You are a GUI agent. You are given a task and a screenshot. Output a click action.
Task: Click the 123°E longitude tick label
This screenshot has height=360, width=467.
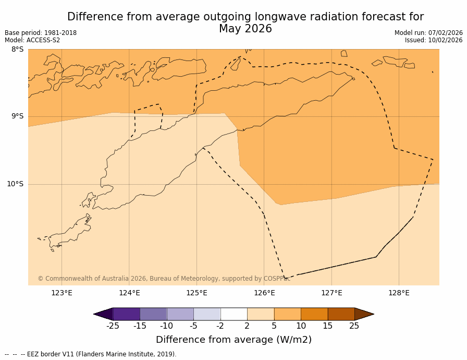(x=62, y=293)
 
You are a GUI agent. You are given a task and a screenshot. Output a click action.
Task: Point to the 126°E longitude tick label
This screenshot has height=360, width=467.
(x=264, y=293)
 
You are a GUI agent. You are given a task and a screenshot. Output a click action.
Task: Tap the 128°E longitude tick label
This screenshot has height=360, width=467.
(x=399, y=293)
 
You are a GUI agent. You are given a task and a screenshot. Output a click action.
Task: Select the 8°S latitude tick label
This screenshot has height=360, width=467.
(x=17, y=50)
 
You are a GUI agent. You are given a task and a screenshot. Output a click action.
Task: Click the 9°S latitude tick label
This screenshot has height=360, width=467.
(x=17, y=116)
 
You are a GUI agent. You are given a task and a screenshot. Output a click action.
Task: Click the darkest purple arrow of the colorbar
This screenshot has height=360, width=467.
(x=104, y=314)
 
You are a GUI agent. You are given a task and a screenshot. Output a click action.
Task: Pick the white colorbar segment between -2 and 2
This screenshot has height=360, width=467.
(x=233, y=314)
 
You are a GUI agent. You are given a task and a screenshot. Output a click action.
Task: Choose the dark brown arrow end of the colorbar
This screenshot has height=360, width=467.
(x=364, y=314)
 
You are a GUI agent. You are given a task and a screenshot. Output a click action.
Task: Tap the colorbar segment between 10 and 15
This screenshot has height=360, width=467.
(x=314, y=314)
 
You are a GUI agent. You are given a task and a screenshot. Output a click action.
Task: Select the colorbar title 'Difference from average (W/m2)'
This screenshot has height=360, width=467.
(x=233, y=340)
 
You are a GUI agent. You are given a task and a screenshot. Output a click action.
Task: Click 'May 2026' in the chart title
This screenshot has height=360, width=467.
(x=245, y=29)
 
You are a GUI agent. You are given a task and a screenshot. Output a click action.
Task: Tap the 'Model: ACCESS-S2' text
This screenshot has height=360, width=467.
(x=32, y=40)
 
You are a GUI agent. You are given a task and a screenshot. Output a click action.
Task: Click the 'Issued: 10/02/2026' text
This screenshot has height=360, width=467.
(x=434, y=40)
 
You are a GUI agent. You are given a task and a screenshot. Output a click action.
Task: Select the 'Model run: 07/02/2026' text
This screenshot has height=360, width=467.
(x=428, y=33)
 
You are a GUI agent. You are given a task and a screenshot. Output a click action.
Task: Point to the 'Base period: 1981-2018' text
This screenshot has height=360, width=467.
(x=41, y=33)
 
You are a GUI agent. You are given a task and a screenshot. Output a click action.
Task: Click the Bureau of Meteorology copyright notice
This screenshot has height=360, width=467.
(x=164, y=279)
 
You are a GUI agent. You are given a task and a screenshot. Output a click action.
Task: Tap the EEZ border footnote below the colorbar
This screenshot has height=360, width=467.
(x=91, y=354)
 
